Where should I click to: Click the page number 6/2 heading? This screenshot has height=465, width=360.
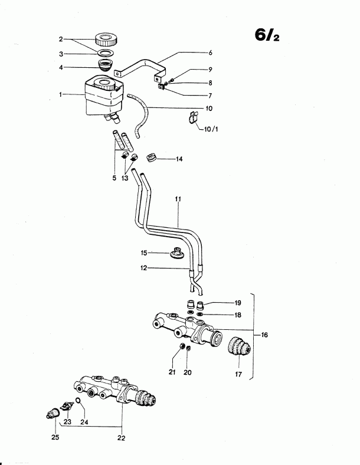point(267,35)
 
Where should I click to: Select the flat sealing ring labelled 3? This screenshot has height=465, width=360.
point(106,53)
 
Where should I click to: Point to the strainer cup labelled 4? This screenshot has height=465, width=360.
point(104,65)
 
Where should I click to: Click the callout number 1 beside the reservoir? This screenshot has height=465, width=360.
point(61,94)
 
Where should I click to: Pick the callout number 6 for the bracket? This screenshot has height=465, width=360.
point(210,53)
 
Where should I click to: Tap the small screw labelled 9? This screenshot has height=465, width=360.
point(172,80)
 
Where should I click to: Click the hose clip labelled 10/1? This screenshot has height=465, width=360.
point(193,118)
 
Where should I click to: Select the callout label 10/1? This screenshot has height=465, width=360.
point(211,129)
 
